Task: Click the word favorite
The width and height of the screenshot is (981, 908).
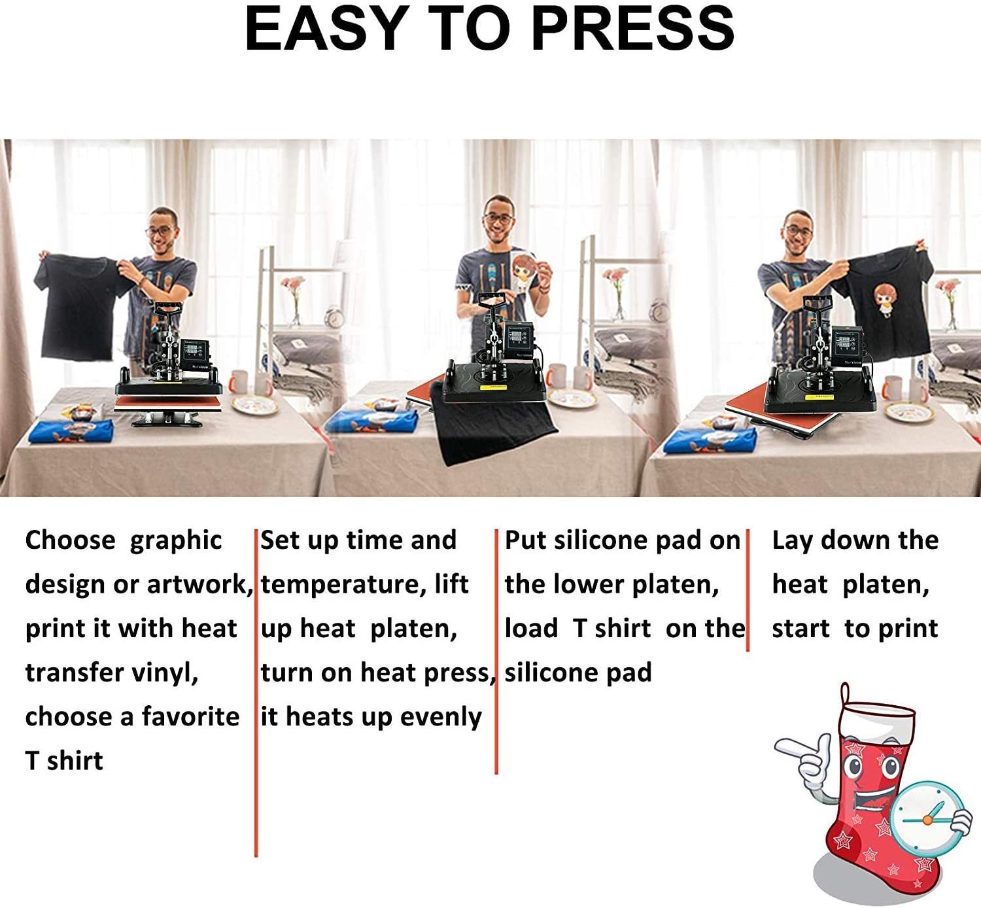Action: (191, 716)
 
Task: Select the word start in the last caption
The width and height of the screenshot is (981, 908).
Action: (800, 629)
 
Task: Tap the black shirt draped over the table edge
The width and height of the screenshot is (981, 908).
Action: (492, 422)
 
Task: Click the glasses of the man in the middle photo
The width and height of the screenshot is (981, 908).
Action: (498, 219)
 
